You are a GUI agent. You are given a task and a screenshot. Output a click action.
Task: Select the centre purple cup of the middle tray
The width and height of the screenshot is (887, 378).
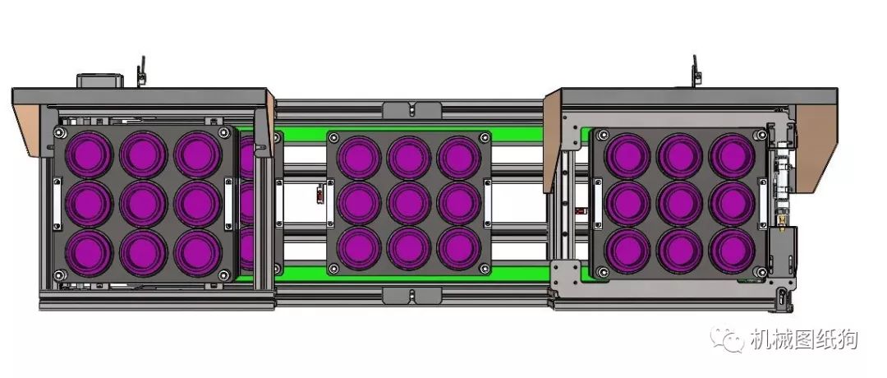coord(409,203)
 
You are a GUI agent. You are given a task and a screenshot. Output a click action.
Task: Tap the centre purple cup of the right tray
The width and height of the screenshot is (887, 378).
coord(679,203)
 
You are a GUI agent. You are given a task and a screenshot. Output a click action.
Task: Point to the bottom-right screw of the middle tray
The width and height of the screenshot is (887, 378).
coord(485,268)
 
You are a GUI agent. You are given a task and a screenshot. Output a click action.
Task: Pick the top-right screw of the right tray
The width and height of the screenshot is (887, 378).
coord(761,135)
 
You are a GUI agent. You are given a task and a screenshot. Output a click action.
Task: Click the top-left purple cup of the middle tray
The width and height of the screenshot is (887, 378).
coord(359,157)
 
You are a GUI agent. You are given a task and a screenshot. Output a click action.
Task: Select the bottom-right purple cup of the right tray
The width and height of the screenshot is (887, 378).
coord(732,251)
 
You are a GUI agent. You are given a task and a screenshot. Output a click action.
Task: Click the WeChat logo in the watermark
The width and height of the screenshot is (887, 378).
coord(727,339)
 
